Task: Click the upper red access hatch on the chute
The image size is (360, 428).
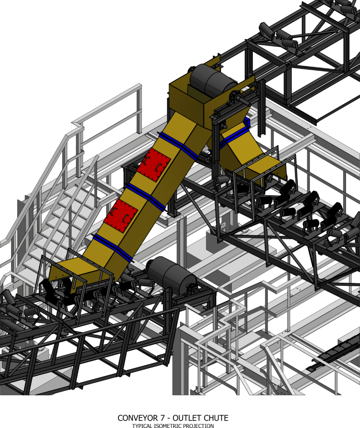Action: pyautogui.click(x=153, y=165)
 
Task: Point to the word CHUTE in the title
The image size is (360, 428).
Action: pyautogui.click(x=215, y=418)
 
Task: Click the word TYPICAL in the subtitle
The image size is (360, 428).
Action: pyautogui.click(x=142, y=425)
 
